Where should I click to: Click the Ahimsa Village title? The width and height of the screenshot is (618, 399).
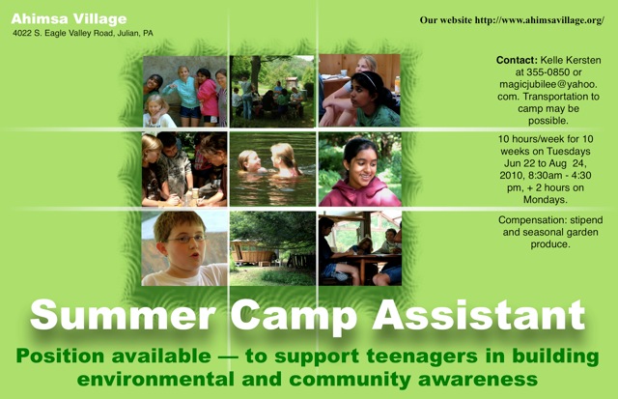click(69, 18)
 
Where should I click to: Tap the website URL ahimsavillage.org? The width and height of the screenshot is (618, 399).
click(539, 20)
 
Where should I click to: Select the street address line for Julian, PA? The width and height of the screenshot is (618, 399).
click(83, 33)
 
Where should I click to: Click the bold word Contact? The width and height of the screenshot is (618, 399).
click(517, 60)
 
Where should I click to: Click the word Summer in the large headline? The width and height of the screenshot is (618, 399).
click(123, 315)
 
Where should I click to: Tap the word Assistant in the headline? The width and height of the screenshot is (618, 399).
click(479, 315)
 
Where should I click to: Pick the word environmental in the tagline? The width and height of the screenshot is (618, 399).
click(155, 380)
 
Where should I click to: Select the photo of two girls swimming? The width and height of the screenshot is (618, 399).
click(272, 169)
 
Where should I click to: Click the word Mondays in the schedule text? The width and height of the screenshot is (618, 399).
click(546, 199)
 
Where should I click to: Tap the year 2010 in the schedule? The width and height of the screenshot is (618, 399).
click(511, 176)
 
